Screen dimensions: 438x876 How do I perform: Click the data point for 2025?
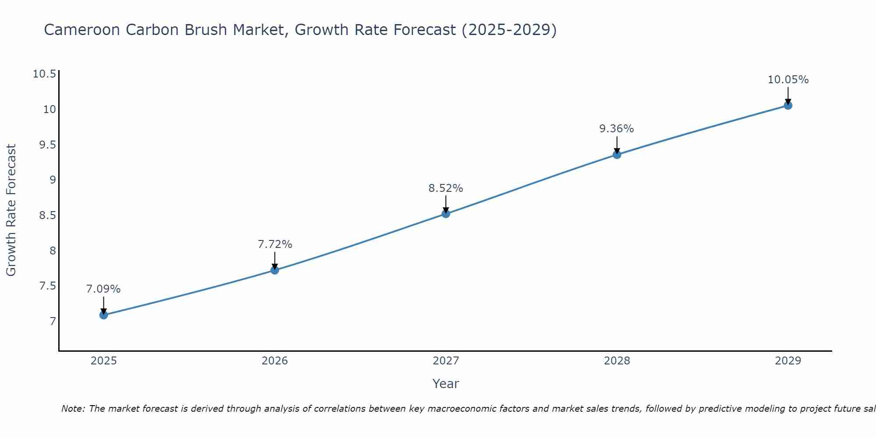(104, 315)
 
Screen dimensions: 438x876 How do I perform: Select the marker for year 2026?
(275, 270)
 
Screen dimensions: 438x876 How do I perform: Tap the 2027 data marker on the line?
(446, 214)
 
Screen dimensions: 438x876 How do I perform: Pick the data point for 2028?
(617, 154)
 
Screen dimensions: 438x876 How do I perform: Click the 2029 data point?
(788, 105)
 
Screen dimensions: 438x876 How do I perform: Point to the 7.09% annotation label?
(103, 289)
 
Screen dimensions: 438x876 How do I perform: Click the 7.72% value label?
(275, 244)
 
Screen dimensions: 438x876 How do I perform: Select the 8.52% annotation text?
(445, 188)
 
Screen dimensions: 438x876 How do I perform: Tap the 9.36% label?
(616, 129)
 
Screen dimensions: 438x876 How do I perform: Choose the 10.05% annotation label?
(788, 80)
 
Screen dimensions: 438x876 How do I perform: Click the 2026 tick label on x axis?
(275, 361)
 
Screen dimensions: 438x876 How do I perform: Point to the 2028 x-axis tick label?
(617, 361)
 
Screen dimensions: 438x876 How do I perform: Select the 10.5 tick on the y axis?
(45, 74)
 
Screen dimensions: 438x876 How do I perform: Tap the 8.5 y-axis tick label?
(47, 215)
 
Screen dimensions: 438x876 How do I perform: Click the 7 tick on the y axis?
(53, 321)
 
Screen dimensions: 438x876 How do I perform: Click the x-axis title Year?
(445, 384)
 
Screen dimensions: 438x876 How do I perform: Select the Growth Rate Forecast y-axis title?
(11, 210)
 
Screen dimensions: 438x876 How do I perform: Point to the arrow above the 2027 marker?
(446, 204)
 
